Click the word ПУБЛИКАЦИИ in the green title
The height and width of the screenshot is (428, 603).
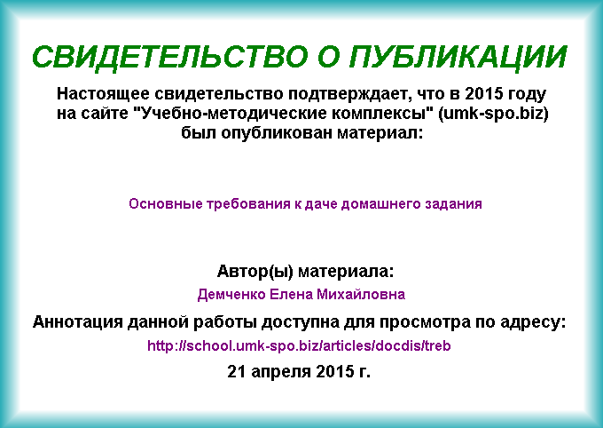click(x=458, y=57)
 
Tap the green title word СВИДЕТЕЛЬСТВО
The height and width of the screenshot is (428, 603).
click(x=170, y=57)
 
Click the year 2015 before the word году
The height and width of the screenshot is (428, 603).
click(x=484, y=93)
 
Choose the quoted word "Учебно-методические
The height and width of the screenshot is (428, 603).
click(x=232, y=114)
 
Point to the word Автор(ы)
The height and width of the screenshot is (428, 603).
click(x=255, y=272)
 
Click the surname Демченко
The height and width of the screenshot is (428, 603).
click(x=231, y=295)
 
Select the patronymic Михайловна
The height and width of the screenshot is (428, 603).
click(x=361, y=294)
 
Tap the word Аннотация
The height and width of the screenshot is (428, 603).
click(x=78, y=321)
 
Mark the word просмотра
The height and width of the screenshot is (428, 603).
click(x=425, y=322)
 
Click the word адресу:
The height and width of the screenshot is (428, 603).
click(x=533, y=322)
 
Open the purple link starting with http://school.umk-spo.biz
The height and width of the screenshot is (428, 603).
click(x=299, y=345)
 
